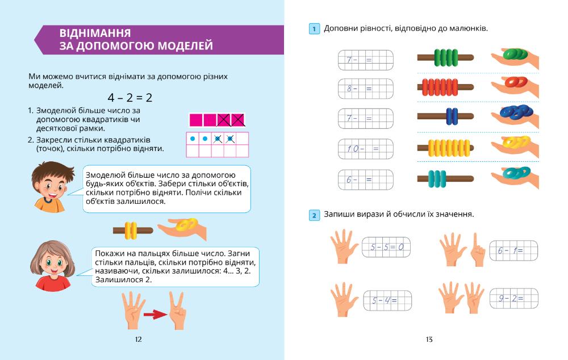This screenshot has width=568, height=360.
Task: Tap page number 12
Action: [138, 340]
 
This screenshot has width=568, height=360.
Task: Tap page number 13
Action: [429, 340]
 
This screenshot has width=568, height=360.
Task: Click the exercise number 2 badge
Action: [314, 215]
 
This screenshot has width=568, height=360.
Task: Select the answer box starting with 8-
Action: [366, 89]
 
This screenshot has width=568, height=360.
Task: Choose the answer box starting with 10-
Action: [366, 149]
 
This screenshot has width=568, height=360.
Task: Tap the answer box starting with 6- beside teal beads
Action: [366, 179]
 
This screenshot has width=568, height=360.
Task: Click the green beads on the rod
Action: [445, 57]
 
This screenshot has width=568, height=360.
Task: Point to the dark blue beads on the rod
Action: [452, 118]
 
